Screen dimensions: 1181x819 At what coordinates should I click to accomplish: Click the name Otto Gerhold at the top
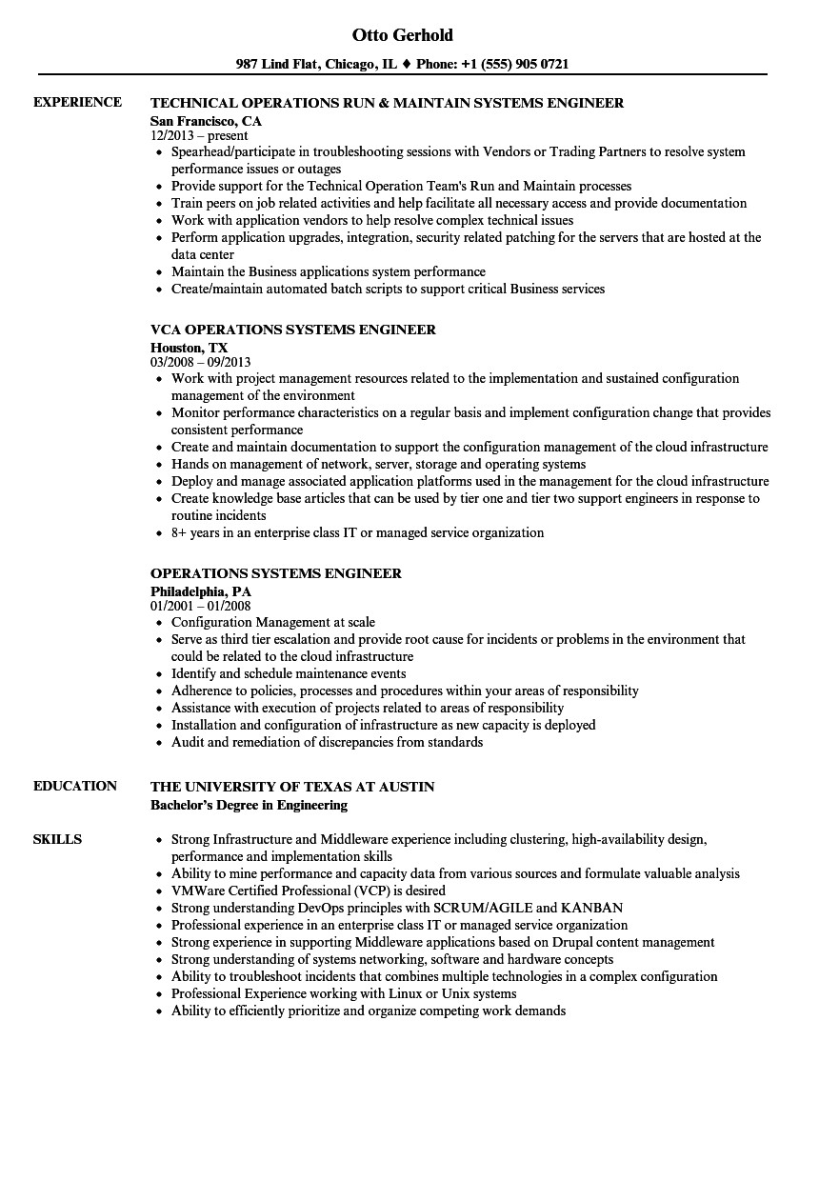(402, 35)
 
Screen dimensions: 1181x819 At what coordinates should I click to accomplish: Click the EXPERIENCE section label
(77, 102)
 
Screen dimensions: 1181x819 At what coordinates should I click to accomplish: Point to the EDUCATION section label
(75, 786)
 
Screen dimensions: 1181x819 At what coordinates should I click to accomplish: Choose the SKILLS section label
(57, 839)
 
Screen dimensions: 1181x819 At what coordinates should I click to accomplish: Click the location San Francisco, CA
(206, 121)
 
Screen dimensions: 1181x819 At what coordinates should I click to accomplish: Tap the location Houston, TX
(190, 348)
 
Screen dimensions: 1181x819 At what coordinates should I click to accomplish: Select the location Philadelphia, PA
(201, 591)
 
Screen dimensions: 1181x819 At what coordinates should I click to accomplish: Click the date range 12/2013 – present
(199, 136)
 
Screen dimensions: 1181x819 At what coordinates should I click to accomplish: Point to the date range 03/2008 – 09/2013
(200, 363)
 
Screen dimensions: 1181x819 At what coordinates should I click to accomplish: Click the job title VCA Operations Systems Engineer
(293, 330)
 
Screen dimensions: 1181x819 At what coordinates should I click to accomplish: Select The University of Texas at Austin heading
(292, 787)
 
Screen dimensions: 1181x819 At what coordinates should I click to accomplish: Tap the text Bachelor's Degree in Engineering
(249, 805)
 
